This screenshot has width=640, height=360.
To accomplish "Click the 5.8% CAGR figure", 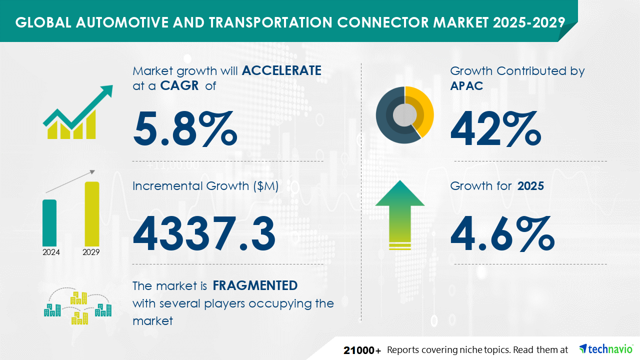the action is [185, 128].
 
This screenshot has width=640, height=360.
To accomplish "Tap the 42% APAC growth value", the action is [495, 128].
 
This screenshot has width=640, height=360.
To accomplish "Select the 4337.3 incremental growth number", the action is [204, 233].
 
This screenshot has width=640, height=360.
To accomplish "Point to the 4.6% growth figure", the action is [502, 233].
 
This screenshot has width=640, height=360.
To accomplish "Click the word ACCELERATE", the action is [281, 70].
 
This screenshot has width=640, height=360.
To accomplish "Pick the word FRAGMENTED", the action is [255, 285].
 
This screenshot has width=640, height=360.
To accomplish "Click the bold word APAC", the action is [466, 85].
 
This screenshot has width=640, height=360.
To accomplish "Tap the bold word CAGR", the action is [179, 85].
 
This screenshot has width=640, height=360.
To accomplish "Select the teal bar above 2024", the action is [49, 223].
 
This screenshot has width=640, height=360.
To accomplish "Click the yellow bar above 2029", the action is [92, 214].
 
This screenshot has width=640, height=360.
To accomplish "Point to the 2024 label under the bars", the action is [51, 252].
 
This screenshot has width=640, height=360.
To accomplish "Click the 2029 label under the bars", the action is [91, 252].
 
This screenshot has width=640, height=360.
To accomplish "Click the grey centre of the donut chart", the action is [404, 115].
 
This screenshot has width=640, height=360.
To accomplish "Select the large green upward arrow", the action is [400, 215].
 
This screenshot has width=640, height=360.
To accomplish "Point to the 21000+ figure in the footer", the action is [362, 350].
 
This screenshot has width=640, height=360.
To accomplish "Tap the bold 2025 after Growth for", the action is [530, 186].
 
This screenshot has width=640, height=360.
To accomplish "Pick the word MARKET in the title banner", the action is [461, 22].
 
